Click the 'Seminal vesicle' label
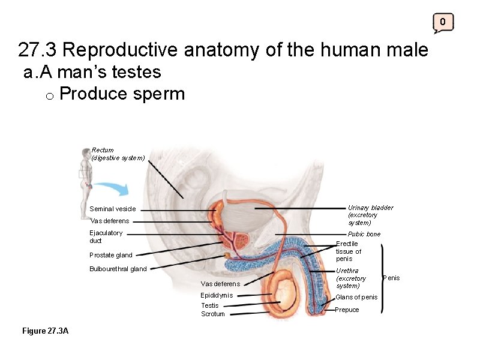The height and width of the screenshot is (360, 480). tap(112, 209)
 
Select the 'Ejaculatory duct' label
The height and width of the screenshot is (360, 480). tap(106, 236)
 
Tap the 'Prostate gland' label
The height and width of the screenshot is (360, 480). tap(110, 255)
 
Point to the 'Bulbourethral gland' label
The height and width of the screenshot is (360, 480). tap(118, 269)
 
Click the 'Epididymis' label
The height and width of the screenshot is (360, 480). tap(217, 295)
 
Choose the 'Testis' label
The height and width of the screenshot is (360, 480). tap(210, 305)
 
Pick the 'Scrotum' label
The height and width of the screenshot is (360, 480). tap(213, 314)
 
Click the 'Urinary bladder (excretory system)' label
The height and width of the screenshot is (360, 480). tap(370, 215)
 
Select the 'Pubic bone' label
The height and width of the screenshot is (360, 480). tap(364, 234)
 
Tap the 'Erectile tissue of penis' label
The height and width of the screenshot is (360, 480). tap(348, 251)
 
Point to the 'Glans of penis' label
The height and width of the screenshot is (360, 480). tap(356, 298)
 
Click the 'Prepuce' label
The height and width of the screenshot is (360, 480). tap(347, 310)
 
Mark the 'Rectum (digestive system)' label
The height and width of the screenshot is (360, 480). tap(118, 154)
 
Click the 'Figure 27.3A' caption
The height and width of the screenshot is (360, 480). tap(45, 331)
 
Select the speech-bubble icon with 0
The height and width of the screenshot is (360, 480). tap(442, 23)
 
